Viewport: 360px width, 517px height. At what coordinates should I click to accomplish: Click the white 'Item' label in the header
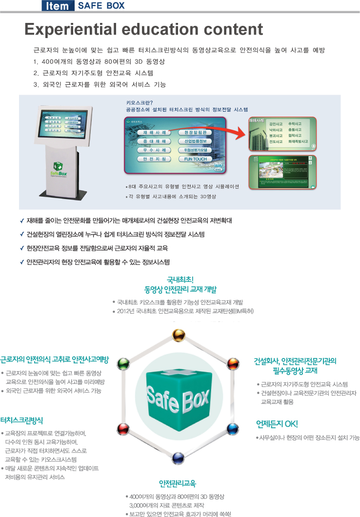click(x=58, y=6)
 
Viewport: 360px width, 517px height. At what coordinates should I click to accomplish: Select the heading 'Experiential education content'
click(x=144, y=29)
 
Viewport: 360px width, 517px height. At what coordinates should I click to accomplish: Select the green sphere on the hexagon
click(x=124, y=364)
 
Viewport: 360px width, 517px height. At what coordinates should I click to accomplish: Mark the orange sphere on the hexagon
click(x=233, y=364)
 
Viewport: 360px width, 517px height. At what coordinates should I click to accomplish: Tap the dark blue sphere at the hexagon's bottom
click(x=177, y=457)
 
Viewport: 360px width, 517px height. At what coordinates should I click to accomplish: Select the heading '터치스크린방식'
click(x=22, y=419)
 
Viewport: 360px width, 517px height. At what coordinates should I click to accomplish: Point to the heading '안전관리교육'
click(x=177, y=483)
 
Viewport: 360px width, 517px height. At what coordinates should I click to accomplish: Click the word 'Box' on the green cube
click(x=197, y=402)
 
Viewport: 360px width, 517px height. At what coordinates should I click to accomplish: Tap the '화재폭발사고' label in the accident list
click(x=299, y=141)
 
